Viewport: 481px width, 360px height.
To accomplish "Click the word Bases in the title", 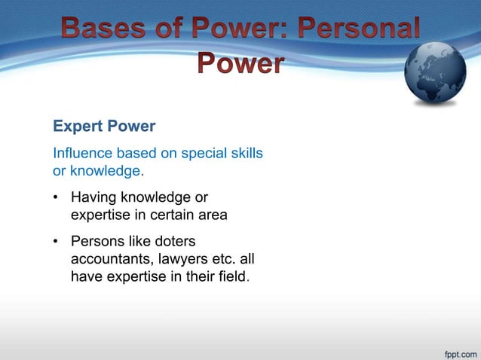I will tap(103, 29).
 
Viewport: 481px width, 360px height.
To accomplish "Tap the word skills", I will tap(247, 154).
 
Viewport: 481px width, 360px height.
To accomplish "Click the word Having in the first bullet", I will tap(93, 197).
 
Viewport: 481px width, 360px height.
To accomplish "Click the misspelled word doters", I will tap(173, 242).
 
